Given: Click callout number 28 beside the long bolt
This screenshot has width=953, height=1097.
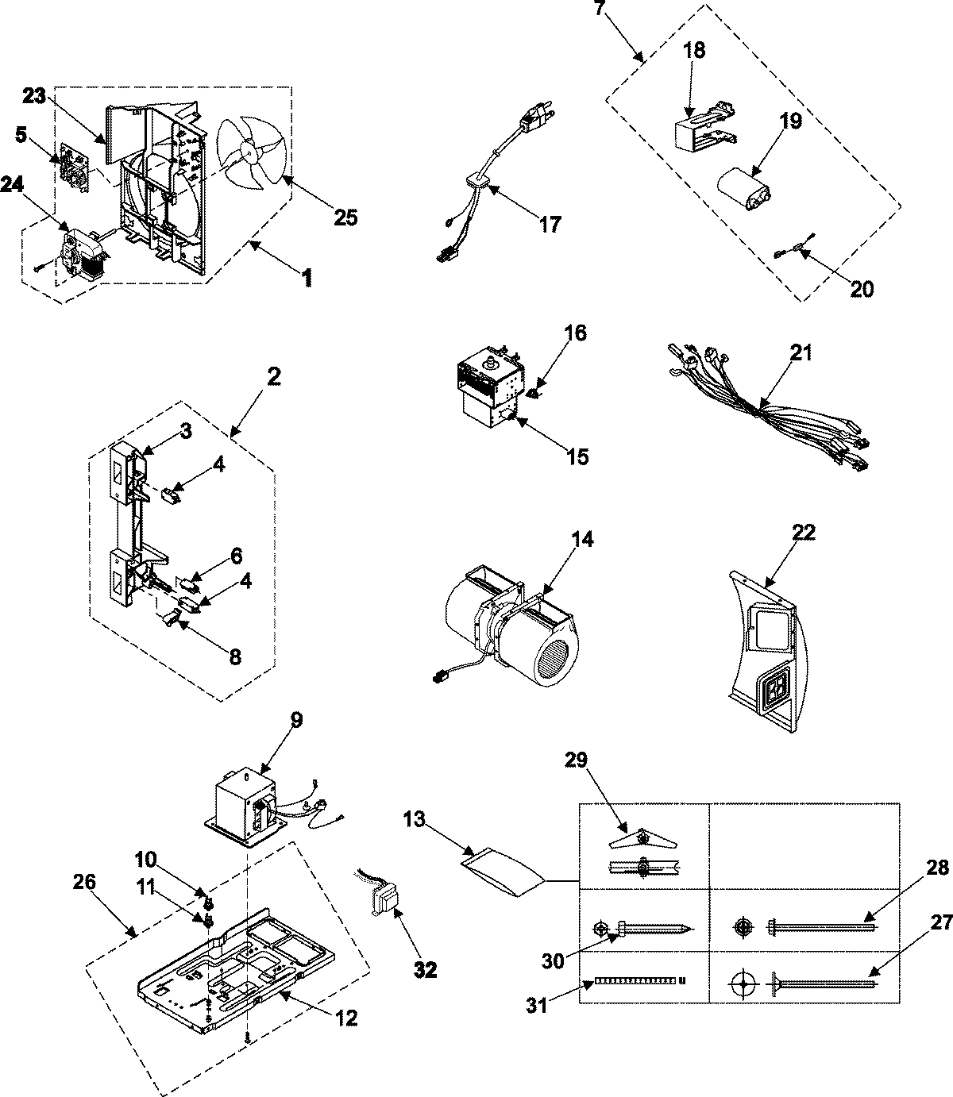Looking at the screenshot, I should click(937, 868).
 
